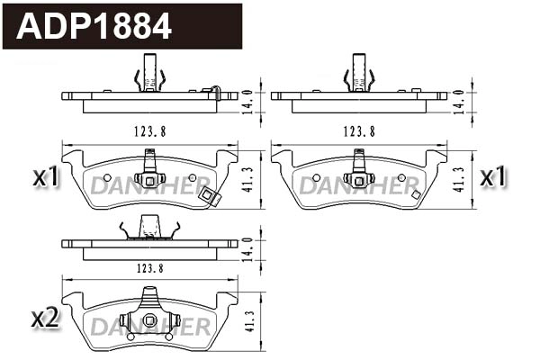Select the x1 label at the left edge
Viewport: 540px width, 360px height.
[x=46, y=178]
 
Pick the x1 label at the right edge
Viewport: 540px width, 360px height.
[x=492, y=177]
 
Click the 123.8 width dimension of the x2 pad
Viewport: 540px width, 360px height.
[x=150, y=268]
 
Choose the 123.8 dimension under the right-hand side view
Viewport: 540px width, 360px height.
[x=359, y=130]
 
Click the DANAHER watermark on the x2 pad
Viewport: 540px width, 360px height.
[x=149, y=325]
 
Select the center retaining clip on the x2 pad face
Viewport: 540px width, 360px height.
[x=149, y=319]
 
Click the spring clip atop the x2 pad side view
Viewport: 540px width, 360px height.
[x=149, y=231]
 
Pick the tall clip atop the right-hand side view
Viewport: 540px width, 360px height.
[x=359, y=74]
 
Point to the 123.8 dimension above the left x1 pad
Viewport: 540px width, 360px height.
[x=150, y=130]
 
